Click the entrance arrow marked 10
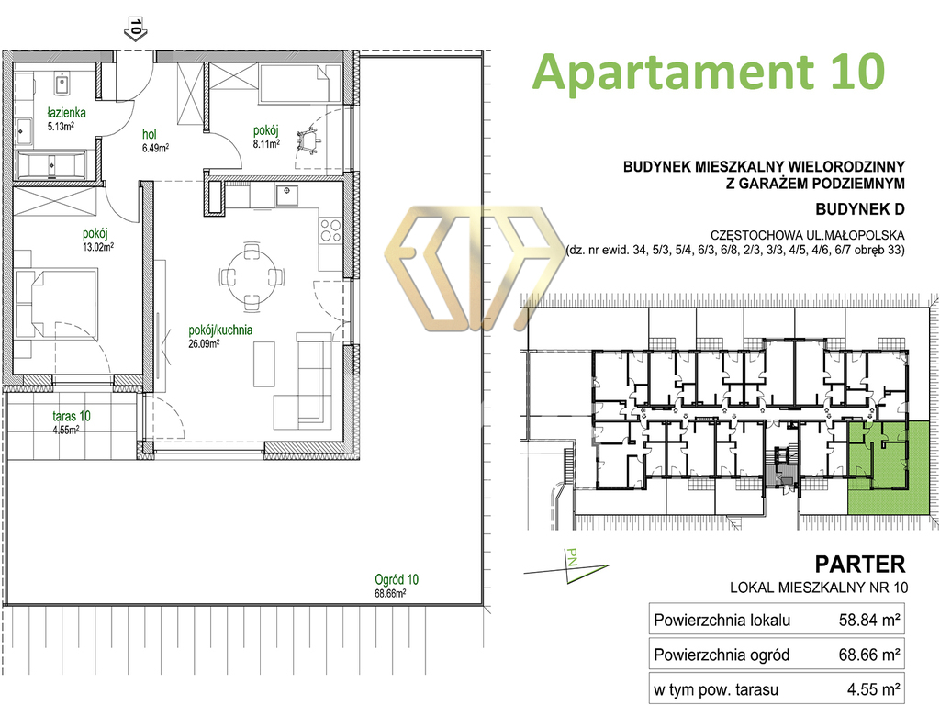(136, 29)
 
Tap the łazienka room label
(66, 112)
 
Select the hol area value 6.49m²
(155, 148)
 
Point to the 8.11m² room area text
(266, 144)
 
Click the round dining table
(252, 276)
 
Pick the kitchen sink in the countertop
(287, 195)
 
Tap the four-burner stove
(330, 230)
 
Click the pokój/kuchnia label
(220, 330)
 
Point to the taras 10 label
(72, 416)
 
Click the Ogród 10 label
(397, 580)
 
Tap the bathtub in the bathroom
(51, 165)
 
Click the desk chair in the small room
(308, 140)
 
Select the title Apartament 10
(709, 72)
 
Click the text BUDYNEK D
(859, 209)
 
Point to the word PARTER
(859, 565)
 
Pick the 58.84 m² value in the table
(869, 620)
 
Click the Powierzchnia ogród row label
(722, 655)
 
